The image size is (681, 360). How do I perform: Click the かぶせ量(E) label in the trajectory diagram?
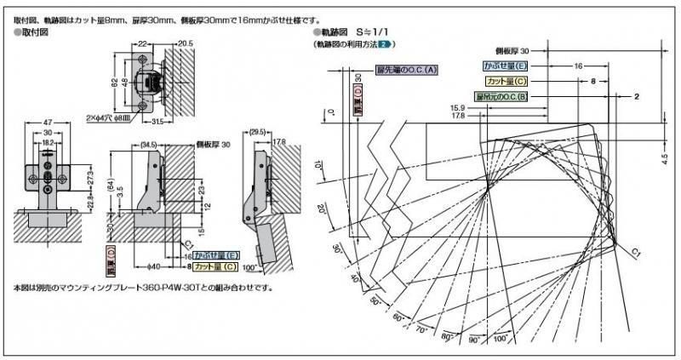[x=505, y=65]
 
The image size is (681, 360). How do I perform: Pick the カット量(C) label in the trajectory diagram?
[x=507, y=81]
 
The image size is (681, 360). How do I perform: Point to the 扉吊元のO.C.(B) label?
[x=502, y=97]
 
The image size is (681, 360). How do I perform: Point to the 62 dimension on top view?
[x=112, y=82]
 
